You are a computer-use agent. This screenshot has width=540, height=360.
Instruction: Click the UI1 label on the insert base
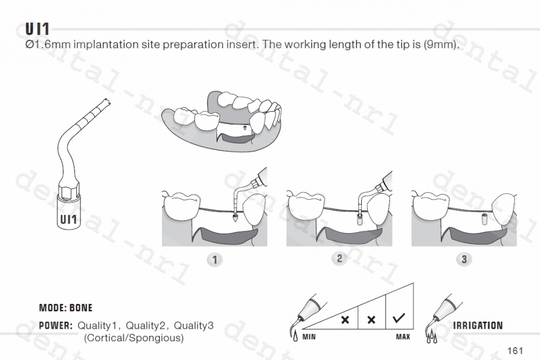tap(68, 220)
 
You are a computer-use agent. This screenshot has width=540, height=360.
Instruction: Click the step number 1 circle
tap(214, 260)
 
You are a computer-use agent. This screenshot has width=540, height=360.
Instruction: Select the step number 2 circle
tap(339, 259)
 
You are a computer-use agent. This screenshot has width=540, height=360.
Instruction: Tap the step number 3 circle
tap(464, 260)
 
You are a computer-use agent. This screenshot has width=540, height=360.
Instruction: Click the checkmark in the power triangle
tap(400, 319)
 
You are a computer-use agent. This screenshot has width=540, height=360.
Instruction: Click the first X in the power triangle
tap(346, 320)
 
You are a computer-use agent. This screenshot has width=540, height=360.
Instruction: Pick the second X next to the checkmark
tap(372, 320)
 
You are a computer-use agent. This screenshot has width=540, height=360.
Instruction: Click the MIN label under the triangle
tap(309, 337)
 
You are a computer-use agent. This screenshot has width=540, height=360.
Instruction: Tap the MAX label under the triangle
tap(403, 337)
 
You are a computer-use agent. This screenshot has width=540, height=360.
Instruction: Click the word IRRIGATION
tap(478, 325)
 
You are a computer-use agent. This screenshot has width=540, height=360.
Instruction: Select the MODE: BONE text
tap(65, 308)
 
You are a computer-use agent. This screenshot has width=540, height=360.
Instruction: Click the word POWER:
tap(56, 326)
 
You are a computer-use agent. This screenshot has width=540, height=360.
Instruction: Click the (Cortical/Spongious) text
tap(133, 338)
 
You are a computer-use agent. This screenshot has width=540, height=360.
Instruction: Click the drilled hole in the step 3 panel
tap(484, 218)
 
